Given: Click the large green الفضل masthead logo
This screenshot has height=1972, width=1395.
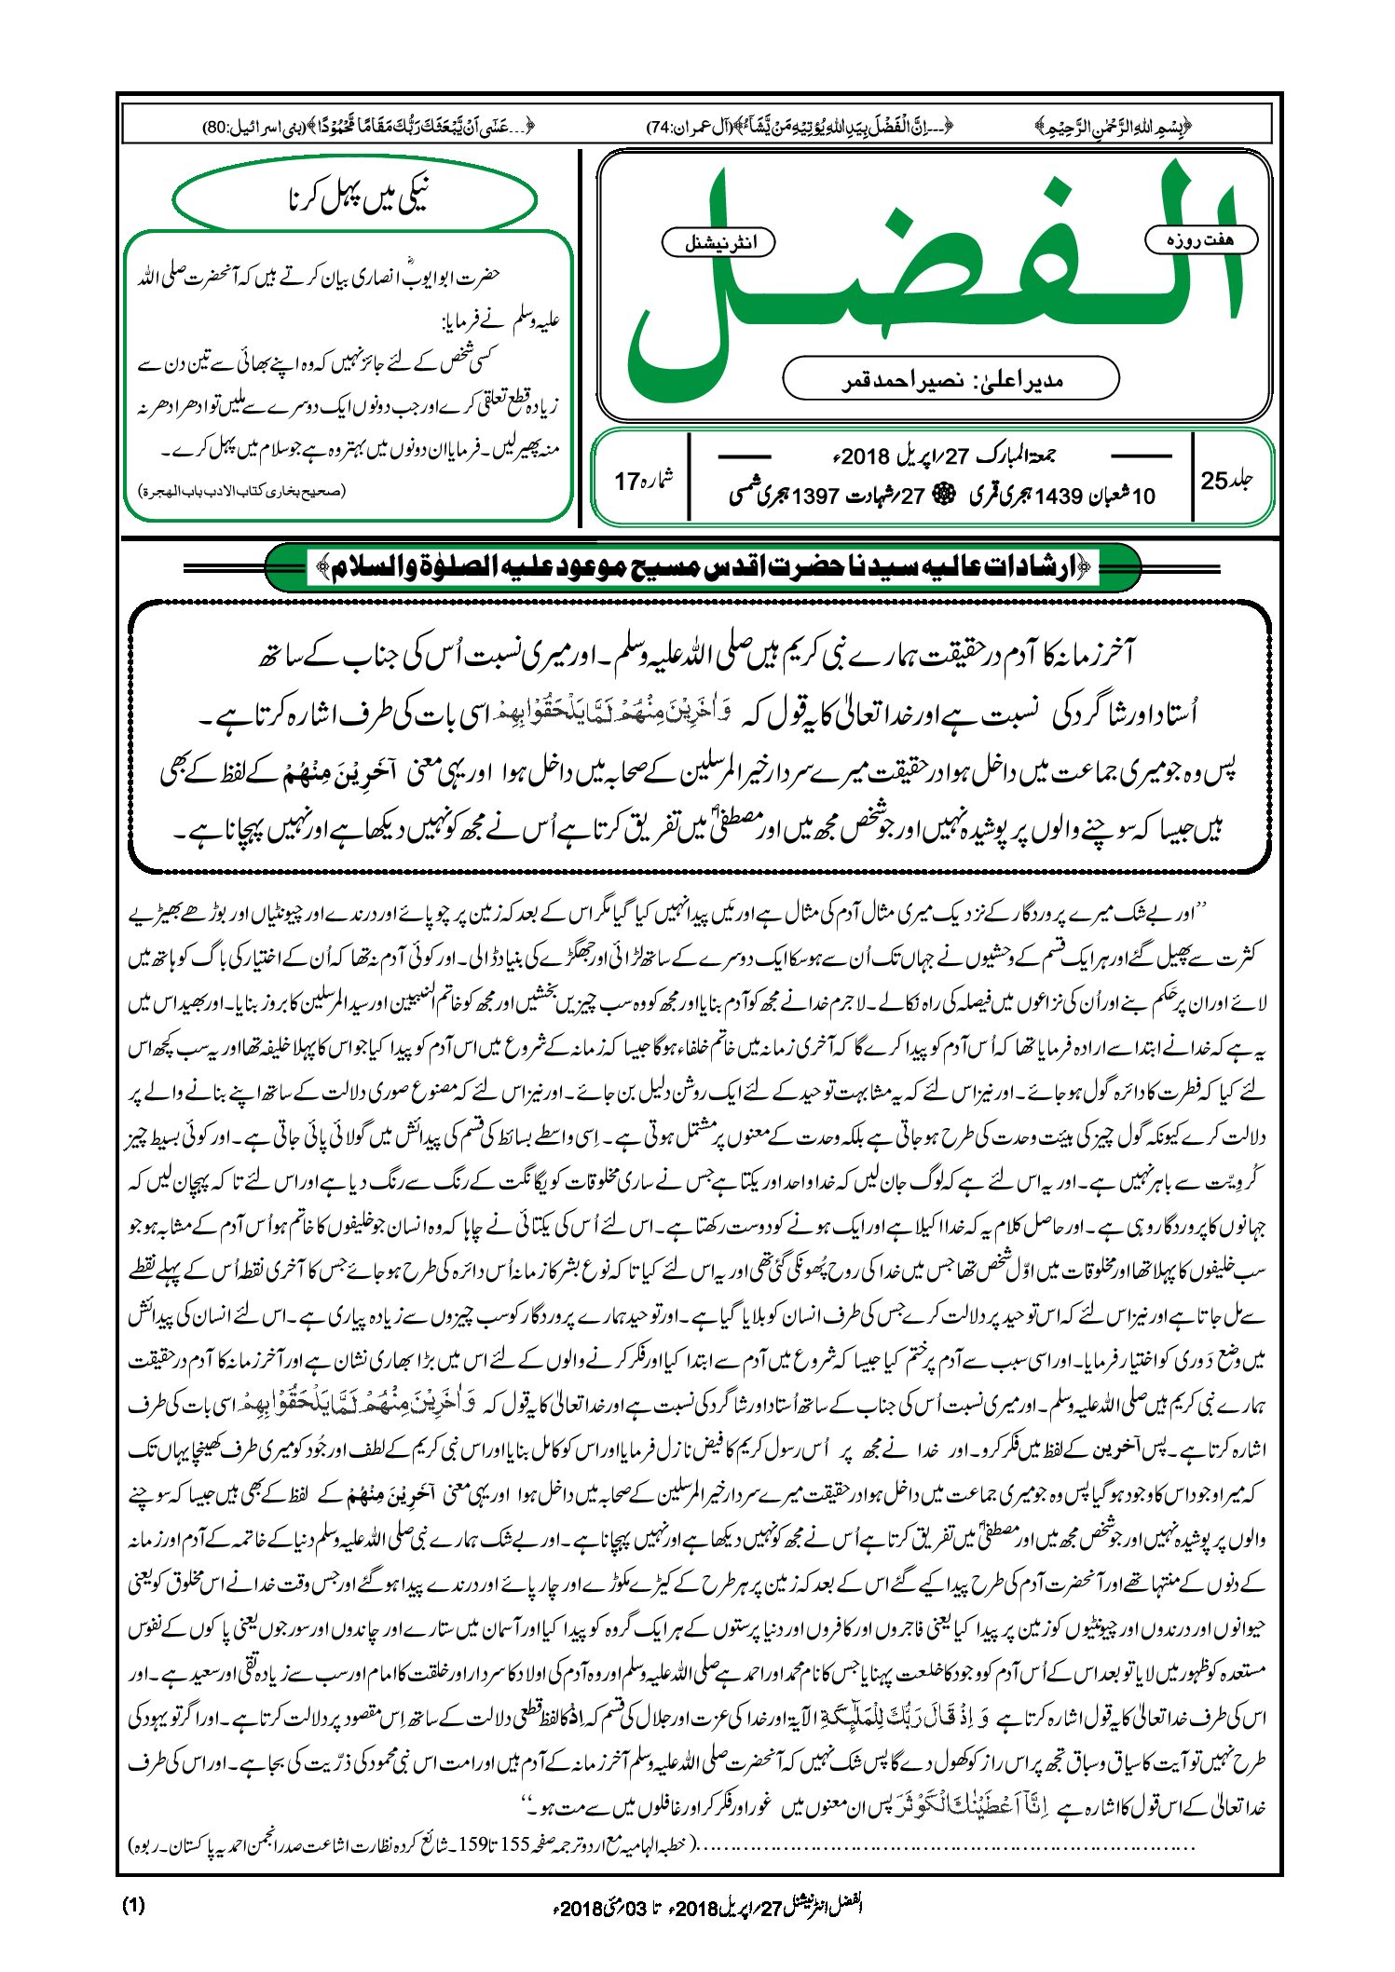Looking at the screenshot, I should (932, 279).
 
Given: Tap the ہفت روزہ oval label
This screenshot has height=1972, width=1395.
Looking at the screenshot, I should (1200, 239).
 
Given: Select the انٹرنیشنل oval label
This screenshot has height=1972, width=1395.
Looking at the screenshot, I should (718, 243).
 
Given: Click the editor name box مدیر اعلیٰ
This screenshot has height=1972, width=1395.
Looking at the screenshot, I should (951, 379).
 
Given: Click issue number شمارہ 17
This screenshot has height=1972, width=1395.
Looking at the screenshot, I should (643, 480).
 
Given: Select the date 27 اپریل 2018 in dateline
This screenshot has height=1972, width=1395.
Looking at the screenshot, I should (918, 456).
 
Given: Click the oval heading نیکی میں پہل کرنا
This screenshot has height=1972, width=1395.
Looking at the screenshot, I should (355, 198).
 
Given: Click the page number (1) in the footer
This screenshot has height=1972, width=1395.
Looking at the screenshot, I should (133, 1905).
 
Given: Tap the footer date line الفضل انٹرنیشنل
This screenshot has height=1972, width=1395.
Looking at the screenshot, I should (708, 1906).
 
